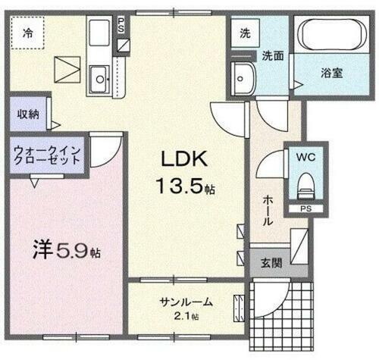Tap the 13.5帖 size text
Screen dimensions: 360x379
pos(185,185)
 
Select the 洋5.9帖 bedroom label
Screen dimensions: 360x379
pos(67,248)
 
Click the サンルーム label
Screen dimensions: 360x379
pos(186,302)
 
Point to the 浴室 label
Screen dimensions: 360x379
pos(330,74)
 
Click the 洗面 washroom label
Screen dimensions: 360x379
pos(273,55)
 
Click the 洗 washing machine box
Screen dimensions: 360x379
pos(244,34)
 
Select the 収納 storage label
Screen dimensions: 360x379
pos(29,114)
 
